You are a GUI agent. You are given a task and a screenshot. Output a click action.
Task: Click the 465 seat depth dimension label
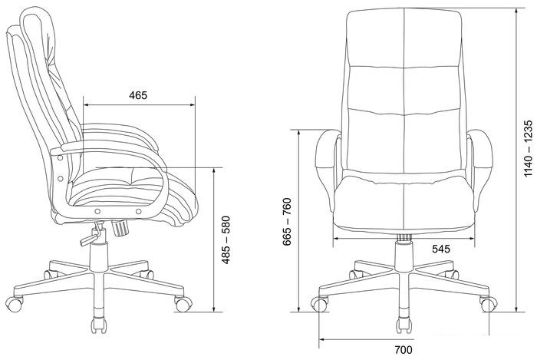point(138,95)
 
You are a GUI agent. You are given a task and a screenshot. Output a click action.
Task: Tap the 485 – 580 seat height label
point(226,239)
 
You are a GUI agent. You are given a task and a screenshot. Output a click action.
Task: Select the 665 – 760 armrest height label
point(287,222)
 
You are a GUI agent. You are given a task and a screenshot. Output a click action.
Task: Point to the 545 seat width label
point(441,249)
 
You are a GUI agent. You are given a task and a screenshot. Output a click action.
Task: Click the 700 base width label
point(404,350)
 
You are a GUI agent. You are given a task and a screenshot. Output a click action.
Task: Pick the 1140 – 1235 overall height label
point(529,148)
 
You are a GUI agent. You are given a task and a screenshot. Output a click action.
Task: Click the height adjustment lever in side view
point(92,235)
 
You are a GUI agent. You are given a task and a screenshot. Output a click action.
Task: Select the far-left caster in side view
point(14,304)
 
